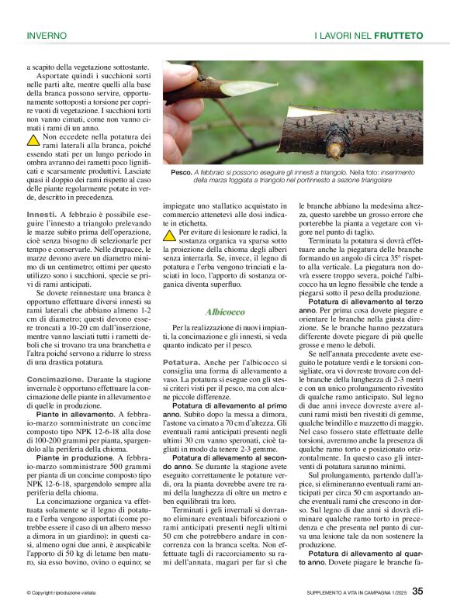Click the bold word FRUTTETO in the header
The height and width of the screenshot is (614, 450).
click(x=398, y=36)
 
